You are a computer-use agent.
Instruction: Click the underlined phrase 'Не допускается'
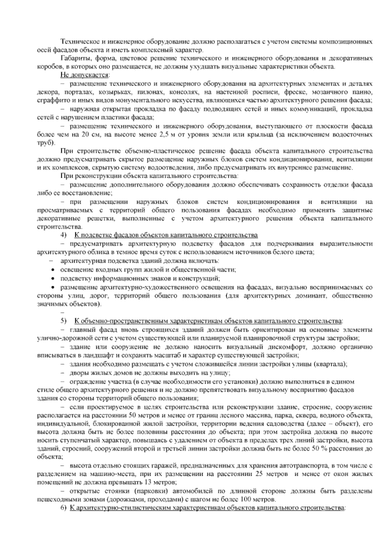84,75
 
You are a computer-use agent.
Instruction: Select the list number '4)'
64,235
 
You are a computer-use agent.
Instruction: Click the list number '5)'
64,321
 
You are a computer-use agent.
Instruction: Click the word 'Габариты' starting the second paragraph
72,59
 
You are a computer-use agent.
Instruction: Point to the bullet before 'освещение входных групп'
53,270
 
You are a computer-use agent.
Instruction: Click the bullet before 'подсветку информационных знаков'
53,279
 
